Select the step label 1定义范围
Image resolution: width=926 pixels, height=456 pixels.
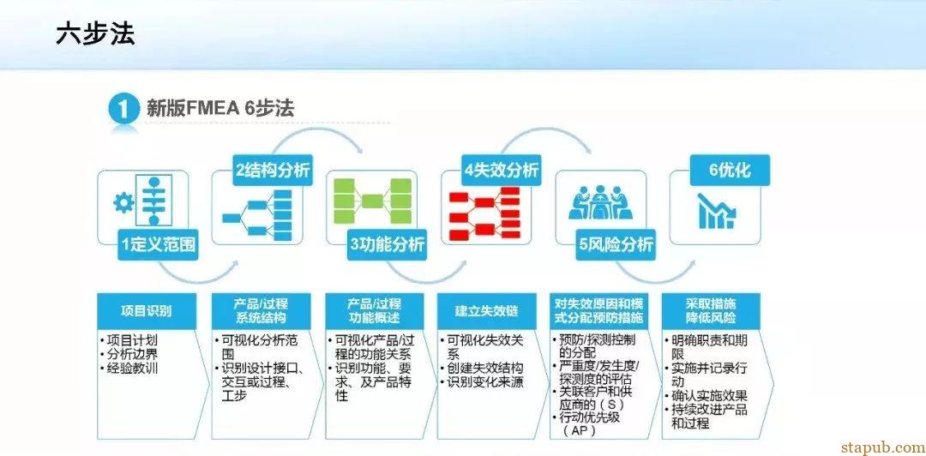coord(159,245)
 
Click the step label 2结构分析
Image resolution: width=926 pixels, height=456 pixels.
coord(272,170)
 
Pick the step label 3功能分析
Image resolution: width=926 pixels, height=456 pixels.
coord(387,245)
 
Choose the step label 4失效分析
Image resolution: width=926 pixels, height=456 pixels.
coord(502,170)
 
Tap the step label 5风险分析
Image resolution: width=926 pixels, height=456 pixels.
coord(616,245)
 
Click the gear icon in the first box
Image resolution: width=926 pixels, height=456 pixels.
coord(125,203)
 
